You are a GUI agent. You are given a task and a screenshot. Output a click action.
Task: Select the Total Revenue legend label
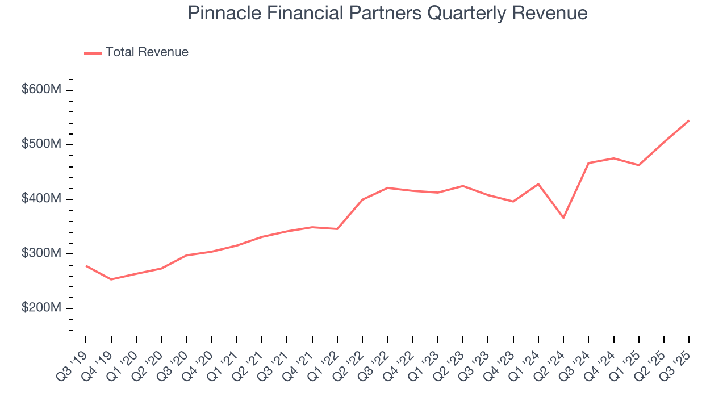pos(147,52)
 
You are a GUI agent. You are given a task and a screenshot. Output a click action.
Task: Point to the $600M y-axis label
pos(41,90)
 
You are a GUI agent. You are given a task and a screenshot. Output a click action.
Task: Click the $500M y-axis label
pos(41,144)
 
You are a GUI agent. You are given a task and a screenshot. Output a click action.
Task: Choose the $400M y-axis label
pos(41,199)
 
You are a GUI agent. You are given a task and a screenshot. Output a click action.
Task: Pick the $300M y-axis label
pos(41,253)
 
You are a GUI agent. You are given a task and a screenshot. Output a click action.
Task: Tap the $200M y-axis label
pos(41,308)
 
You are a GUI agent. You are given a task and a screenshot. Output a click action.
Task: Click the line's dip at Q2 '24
pos(563,218)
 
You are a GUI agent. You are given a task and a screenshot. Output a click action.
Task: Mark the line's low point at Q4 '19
pos(111,279)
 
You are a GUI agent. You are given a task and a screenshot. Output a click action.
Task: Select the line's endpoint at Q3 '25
pos(689,120)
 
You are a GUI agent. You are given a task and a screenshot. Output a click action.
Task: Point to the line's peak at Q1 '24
pos(538,184)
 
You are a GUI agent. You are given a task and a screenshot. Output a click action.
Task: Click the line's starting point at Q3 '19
pos(86,265)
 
